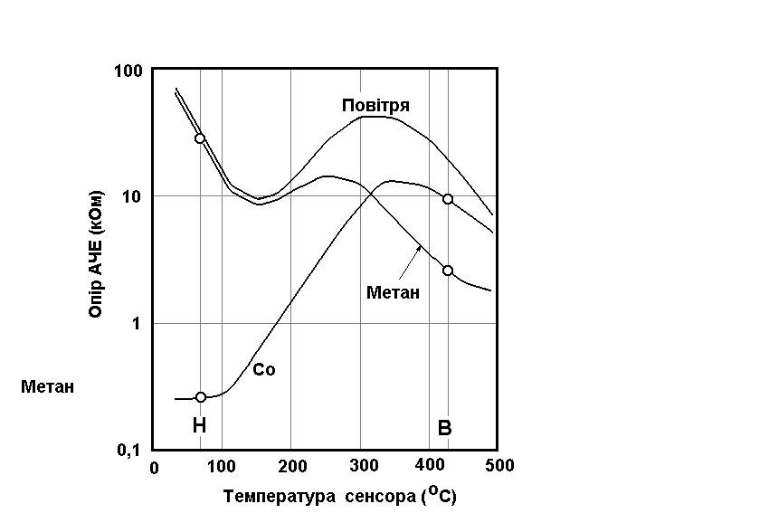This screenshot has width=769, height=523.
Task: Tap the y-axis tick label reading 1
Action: click(x=140, y=323)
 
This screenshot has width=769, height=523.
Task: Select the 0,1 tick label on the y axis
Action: click(x=131, y=451)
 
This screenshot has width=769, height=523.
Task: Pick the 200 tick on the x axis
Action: click(x=291, y=466)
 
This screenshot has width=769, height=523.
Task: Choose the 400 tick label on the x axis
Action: click(x=429, y=466)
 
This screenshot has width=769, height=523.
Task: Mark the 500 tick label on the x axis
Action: click(x=498, y=466)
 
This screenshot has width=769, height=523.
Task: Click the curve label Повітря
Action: click(x=375, y=106)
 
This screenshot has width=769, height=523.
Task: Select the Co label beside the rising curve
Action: click(x=263, y=370)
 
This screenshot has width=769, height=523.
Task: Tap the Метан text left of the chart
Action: click(x=47, y=387)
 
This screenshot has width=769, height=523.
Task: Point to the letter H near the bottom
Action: click(x=199, y=426)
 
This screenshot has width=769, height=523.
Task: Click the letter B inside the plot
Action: click(x=444, y=428)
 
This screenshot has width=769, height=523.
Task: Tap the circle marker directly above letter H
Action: click(x=201, y=397)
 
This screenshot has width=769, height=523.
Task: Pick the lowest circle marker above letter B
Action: click(x=448, y=271)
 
